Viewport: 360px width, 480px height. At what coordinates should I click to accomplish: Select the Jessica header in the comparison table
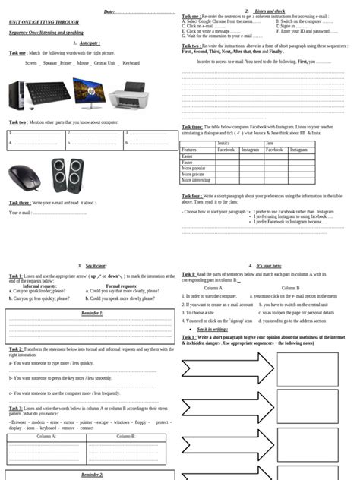[223, 143]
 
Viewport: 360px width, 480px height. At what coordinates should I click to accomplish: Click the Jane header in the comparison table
[270, 143]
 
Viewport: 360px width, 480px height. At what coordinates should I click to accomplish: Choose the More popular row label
[194, 168]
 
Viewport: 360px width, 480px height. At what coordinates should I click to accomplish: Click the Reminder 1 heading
[92, 313]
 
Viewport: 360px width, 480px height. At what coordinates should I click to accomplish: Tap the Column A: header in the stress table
[46, 437]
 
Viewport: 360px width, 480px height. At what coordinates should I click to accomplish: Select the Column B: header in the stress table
[125, 437]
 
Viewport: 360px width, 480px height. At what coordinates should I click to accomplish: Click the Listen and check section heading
[270, 11]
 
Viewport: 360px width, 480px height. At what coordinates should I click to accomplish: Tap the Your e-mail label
[20, 213]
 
